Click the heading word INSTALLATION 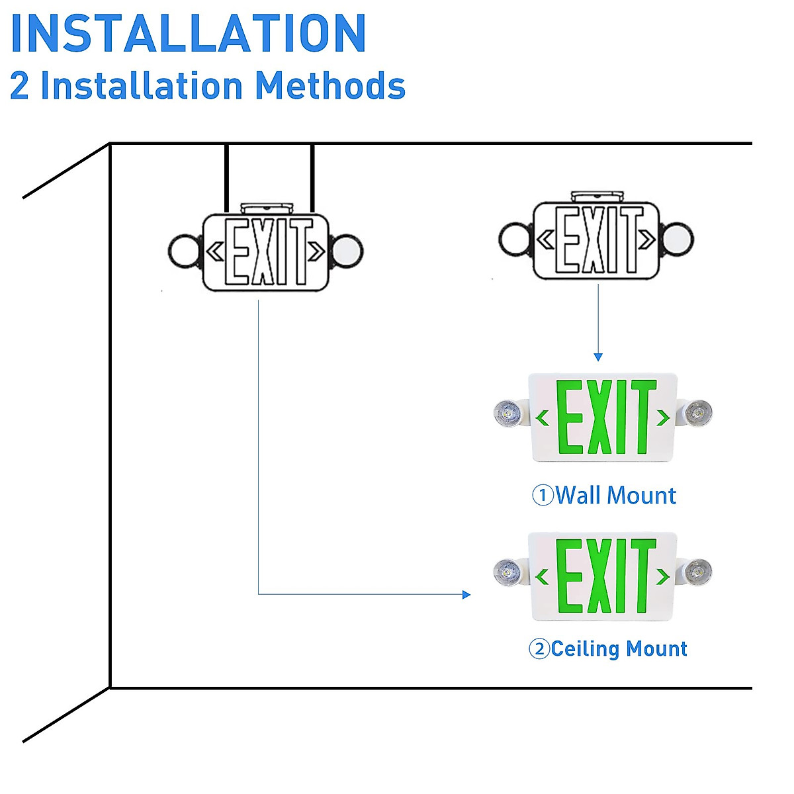189,33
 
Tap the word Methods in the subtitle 330,85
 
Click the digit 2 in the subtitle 19,86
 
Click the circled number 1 543,496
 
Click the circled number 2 539,648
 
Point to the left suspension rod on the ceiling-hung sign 227,179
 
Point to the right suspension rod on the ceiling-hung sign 312,179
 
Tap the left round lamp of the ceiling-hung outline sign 184,251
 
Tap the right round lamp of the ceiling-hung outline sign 347,251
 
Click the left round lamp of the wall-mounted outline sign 515,239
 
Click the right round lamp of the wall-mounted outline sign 678,239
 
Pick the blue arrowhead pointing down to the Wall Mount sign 598,357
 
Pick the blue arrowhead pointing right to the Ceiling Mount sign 466,594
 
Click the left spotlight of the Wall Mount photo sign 508,412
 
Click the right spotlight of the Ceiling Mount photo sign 697,572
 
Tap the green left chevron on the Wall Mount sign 543,418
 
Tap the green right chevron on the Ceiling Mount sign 662,576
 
